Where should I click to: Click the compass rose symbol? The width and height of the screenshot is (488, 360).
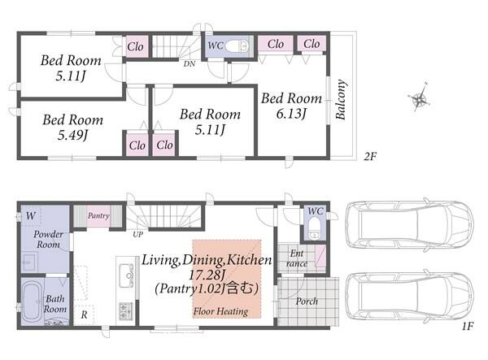pyautogui.click(x=420, y=98)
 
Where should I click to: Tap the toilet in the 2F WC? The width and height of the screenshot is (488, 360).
pyautogui.click(x=237, y=46)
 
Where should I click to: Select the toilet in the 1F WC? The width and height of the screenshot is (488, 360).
pyautogui.click(x=315, y=228)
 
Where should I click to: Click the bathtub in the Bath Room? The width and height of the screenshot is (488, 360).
pyautogui.click(x=31, y=301)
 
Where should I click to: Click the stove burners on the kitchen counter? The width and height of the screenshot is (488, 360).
pyautogui.click(x=126, y=311)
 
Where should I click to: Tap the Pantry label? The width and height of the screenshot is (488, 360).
pyautogui.click(x=98, y=215)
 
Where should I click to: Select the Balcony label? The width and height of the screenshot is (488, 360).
pyautogui.click(x=341, y=99)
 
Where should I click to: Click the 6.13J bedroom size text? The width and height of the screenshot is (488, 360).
pyautogui.click(x=290, y=114)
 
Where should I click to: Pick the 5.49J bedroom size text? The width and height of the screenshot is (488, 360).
pyautogui.click(x=72, y=135)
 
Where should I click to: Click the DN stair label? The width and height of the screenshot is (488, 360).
pyautogui.click(x=190, y=64)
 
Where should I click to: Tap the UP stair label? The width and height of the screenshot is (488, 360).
pyautogui.click(x=138, y=234)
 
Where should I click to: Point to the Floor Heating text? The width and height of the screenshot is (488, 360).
pyautogui.click(x=220, y=311)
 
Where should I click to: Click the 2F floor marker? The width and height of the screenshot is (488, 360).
pyautogui.click(x=370, y=156)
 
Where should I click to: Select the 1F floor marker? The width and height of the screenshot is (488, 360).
pyautogui.click(x=468, y=326)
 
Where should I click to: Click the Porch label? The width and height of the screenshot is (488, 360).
pyautogui.click(x=307, y=301)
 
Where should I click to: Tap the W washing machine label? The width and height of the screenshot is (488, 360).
pyautogui.click(x=31, y=215)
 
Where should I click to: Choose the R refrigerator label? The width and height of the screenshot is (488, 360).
pyautogui.click(x=84, y=315)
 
